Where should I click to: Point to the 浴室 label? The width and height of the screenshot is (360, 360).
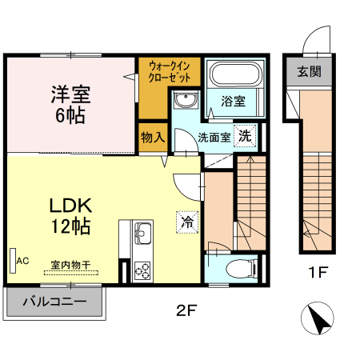[233, 102]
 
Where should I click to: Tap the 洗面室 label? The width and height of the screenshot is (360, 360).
[214, 137]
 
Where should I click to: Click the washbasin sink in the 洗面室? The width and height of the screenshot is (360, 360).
[186, 101]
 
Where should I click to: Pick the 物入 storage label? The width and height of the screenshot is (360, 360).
[152, 137]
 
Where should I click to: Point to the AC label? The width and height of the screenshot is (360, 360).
[22, 260]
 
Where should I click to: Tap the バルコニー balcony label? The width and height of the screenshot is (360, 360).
[55, 302]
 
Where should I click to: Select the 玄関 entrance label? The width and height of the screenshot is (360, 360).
[310, 72]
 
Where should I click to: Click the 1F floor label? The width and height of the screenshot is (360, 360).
[318, 273]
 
